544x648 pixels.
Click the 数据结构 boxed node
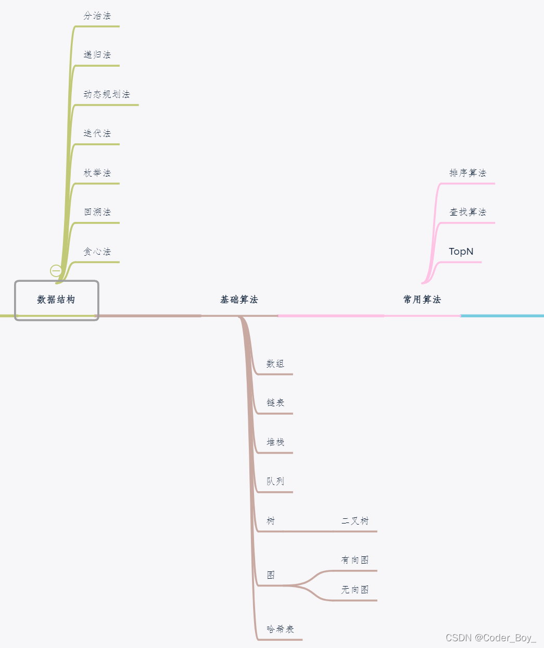coord(56,300)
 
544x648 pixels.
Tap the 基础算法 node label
coord(239,300)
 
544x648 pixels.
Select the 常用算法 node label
coord(422,300)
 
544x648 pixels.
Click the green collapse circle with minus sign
coord(56,270)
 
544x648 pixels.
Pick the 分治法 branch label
coord(97,16)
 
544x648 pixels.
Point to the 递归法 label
coord(97,55)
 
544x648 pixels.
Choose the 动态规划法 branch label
coord(107,94)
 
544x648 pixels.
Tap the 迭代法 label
coord(97,133)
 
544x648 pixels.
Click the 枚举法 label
coord(97,173)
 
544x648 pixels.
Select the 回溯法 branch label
coord(97,212)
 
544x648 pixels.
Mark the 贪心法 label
coord(97,252)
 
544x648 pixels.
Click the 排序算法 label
coord(467,173)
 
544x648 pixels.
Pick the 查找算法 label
coord(467,212)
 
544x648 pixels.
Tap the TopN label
coord(461,252)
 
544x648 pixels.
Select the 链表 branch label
coord(275,403)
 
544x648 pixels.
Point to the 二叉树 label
coord(355,521)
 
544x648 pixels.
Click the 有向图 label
coord(355,560)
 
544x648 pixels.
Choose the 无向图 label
coord(355,590)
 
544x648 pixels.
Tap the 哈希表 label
coord(281,629)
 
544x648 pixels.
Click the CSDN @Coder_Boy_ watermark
coord(490,638)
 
